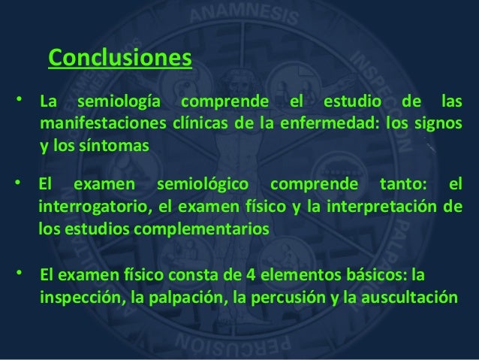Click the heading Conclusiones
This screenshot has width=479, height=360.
click(x=120, y=58)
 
